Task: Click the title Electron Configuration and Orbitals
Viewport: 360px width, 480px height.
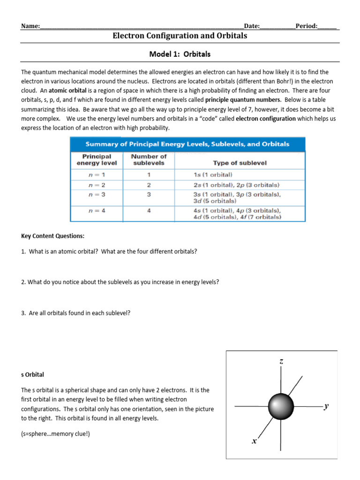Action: point(180,36)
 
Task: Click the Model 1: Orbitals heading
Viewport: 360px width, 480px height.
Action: point(180,54)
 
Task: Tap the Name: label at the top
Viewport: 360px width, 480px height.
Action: point(30,26)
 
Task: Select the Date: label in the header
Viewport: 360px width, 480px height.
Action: point(252,26)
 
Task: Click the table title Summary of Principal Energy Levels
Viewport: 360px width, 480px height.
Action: point(187,144)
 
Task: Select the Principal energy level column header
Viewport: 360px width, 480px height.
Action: point(97,160)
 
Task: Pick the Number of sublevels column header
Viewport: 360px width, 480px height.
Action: point(149,160)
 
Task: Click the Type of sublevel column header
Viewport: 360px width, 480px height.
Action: point(240,163)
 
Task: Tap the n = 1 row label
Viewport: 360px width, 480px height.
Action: point(97,174)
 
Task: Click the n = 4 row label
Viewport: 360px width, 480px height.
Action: point(97,210)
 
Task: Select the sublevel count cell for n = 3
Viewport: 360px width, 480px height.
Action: point(149,194)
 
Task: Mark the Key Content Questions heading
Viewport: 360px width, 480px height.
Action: point(53,236)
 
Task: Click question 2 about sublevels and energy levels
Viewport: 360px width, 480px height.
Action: point(120,282)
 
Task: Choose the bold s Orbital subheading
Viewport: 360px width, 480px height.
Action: point(33,375)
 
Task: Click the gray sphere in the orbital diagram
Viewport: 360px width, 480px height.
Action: point(281,406)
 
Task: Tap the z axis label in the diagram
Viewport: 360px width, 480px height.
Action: point(281,361)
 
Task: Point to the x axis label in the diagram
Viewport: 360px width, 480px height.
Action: point(254,441)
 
